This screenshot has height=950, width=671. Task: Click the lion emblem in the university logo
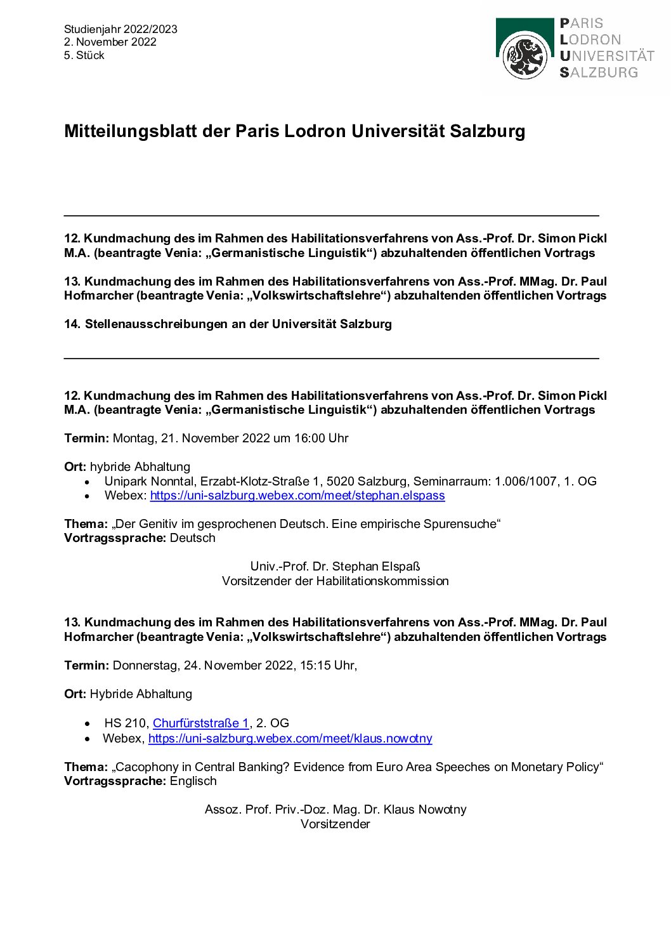coord(524,56)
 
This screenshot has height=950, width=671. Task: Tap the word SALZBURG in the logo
coord(599,72)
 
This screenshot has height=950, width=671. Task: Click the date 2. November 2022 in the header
coord(110,42)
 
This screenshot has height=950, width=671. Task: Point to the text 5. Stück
coord(84,55)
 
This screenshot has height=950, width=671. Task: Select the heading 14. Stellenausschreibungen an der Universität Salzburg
coord(228,324)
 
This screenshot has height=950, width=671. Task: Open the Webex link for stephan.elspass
coord(297,495)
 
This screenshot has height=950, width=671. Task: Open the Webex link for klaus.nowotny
coord(290,738)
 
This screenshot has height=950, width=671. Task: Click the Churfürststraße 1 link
coord(200,723)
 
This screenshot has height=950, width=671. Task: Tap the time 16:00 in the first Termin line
coord(309,438)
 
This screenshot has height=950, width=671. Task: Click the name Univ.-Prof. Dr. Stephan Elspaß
coord(335,566)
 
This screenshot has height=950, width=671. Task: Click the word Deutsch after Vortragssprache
coord(193,538)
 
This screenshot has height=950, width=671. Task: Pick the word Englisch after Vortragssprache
coord(193,781)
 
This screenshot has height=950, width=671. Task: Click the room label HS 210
coord(126,723)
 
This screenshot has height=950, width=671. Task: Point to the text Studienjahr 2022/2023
coord(121,29)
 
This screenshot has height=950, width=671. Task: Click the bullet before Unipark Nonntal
coord(88,482)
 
